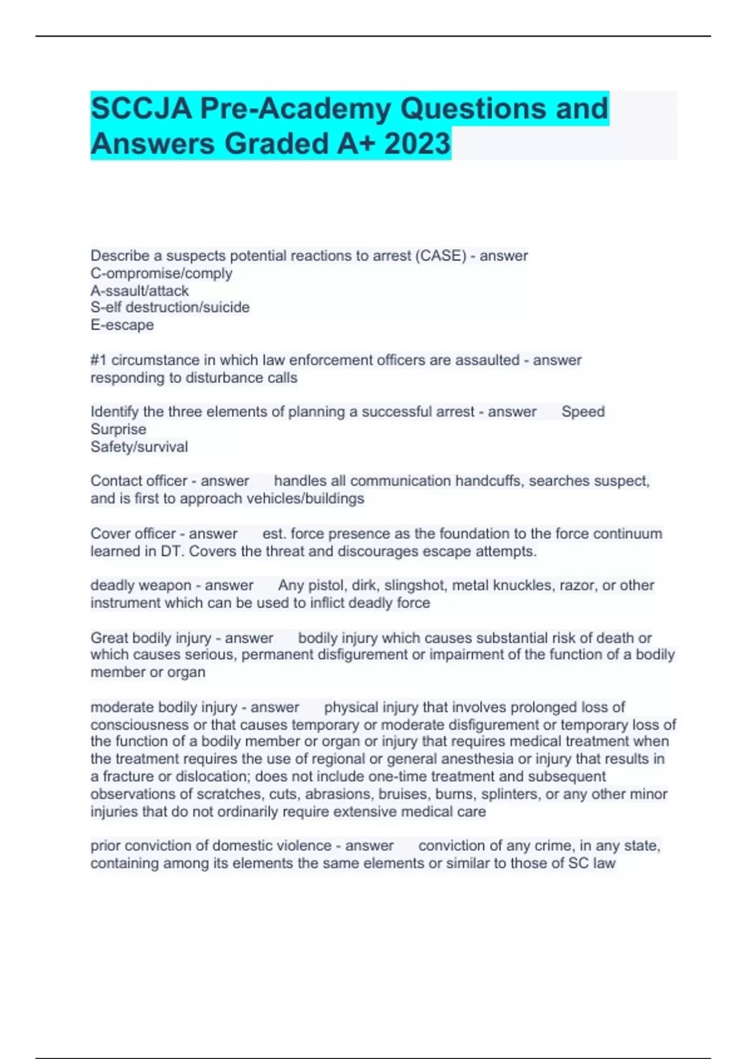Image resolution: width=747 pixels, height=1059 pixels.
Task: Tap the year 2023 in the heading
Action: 417,144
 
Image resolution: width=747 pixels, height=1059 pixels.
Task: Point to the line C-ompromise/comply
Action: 161,273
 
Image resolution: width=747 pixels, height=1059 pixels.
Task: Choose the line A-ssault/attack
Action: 139,291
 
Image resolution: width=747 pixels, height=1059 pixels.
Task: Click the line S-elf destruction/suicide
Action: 170,308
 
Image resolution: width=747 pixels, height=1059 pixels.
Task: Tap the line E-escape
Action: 122,325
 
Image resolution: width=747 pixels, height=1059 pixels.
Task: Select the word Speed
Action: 583,412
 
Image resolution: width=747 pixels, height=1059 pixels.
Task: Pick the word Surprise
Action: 118,429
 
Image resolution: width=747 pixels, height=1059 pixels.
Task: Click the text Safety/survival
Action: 139,447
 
